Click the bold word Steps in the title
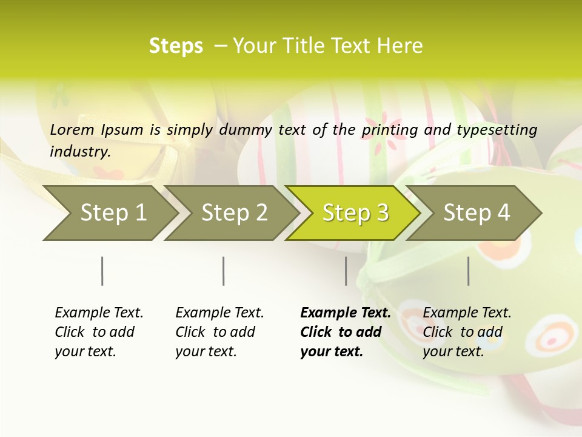pyautogui.click(x=176, y=46)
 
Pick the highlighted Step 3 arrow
pyautogui.click(x=355, y=213)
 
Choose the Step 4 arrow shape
pyautogui.click(x=477, y=213)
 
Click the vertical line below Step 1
pyautogui.click(x=102, y=271)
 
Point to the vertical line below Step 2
pyautogui.click(x=224, y=271)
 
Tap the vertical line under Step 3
pyautogui.click(x=346, y=271)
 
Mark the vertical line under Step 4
pyautogui.click(x=469, y=271)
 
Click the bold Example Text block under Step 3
pyautogui.click(x=345, y=332)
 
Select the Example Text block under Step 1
pyautogui.click(x=99, y=332)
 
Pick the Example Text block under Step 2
pyautogui.click(x=219, y=332)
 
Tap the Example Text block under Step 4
pyautogui.click(x=467, y=332)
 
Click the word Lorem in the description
pyautogui.click(x=72, y=129)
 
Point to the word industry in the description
pyautogui.click(x=80, y=151)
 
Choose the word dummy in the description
pyautogui.click(x=246, y=129)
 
